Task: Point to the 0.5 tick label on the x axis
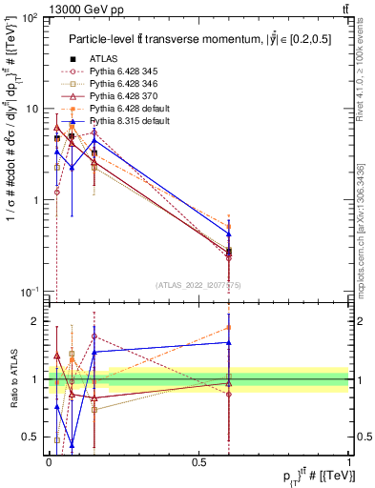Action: (x=198, y=462)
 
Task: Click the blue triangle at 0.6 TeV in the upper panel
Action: (x=228, y=234)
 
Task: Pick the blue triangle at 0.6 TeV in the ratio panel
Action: (x=228, y=342)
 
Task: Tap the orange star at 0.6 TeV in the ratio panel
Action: (x=228, y=327)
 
